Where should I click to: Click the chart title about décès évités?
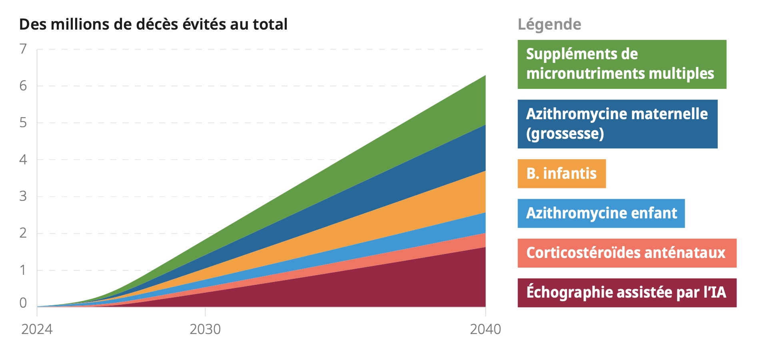(x=153, y=24)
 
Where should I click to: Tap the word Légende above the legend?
(x=549, y=24)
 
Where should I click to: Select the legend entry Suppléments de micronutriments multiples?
(x=621, y=64)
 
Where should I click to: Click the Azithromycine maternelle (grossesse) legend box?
(x=617, y=124)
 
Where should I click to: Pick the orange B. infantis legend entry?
(x=561, y=174)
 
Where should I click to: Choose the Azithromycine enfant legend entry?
(x=601, y=213)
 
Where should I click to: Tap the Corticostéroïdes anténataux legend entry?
(x=626, y=253)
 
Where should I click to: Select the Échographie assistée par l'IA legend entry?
(x=626, y=292)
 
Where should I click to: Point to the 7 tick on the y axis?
(x=23, y=49)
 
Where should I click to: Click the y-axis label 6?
(x=23, y=86)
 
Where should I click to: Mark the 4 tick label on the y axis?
(x=23, y=160)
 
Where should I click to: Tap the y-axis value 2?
(x=23, y=233)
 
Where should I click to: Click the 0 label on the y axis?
(x=23, y=303)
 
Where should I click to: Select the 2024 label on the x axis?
(x=37, y=329)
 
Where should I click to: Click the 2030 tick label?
(x=205, y=329)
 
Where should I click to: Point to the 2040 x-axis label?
(x=485, y=329)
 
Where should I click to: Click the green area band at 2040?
(x=478, y=102)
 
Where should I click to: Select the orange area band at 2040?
(x=478, y=193)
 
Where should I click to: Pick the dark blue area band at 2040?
(x=478, y=149)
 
